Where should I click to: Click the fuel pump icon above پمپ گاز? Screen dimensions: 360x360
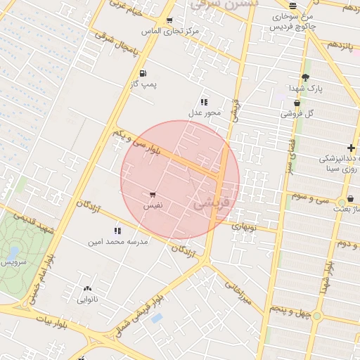point(143,73)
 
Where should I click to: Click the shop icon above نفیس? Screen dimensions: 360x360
point(153,195)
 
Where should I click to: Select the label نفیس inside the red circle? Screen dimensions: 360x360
point(153,206)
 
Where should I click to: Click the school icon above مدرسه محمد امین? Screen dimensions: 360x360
point(117,231)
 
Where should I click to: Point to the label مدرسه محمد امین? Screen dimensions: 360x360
point(117,242)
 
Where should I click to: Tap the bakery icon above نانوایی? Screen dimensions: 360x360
point(87,288)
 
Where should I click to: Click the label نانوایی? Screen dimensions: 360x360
point(87,300)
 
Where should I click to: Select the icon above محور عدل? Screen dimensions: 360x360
point(205,102)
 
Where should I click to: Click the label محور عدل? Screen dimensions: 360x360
point(205,112)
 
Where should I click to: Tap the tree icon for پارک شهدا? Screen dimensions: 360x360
point(304,77)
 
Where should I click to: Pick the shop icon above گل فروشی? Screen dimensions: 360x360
point(297,102)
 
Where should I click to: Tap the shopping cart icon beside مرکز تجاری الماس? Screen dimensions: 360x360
point(170,20)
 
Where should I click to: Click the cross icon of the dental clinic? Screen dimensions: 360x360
point(351,147)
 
